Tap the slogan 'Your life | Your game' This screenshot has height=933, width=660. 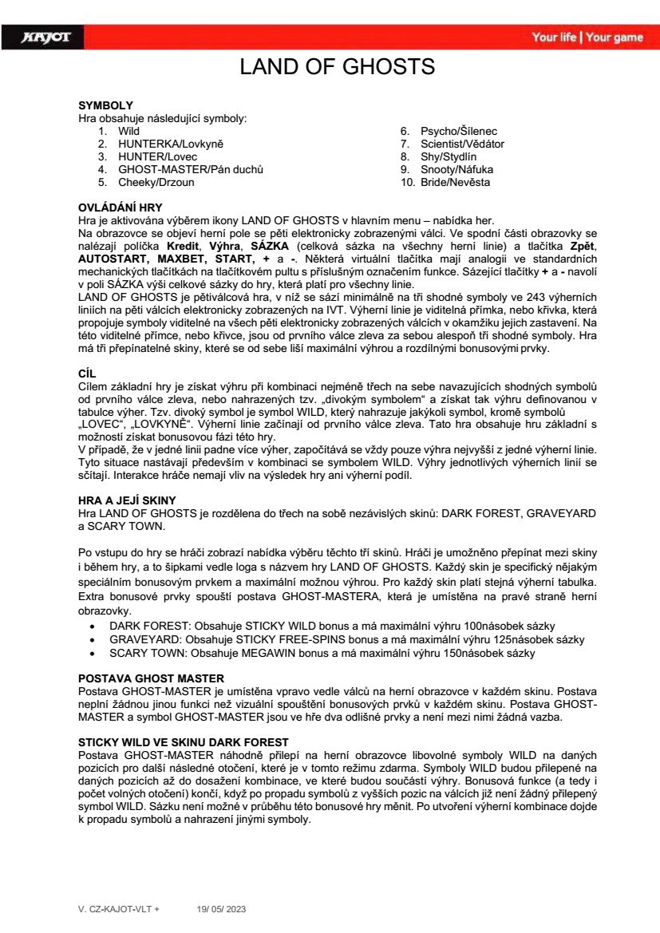click(587, 38)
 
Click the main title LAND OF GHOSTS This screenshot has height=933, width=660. click(337, 67)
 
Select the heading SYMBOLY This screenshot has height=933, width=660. click(105, 105)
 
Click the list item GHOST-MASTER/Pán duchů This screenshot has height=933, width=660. click(191, 169)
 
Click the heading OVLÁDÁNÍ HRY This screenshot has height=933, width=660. click(120, 208)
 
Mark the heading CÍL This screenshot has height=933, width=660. click(88, 372)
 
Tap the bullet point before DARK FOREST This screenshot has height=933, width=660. click(95, 627)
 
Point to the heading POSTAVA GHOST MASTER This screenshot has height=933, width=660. click(151, 678)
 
